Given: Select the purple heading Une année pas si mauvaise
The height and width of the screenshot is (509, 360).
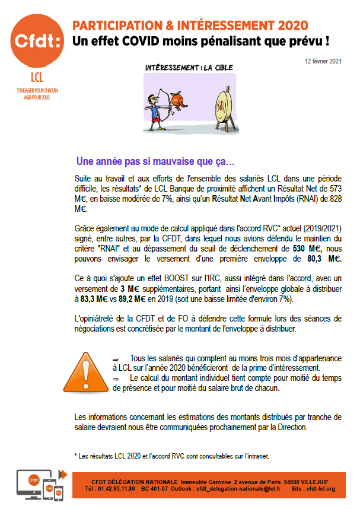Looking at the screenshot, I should [x=155, y=161].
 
